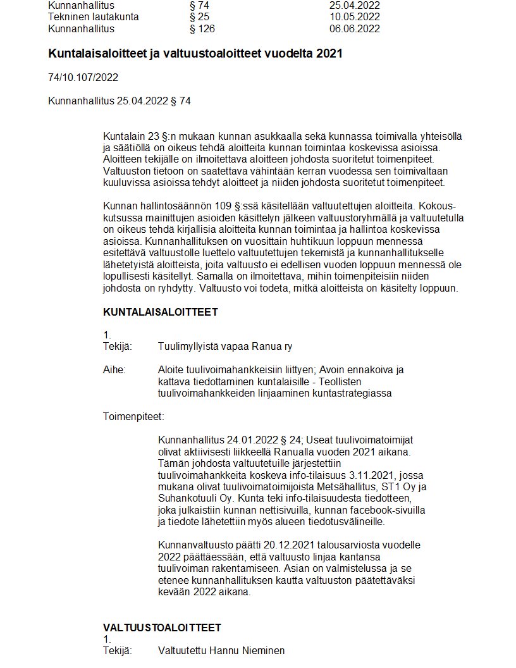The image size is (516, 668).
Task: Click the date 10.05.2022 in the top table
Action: coord(354,17)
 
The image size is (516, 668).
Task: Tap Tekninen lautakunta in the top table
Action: coord(93,17)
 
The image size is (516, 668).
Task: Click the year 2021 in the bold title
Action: coord(329,54)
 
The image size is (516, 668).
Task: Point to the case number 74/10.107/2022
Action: coord(83,78)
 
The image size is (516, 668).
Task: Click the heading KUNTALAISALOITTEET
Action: coord(161,312)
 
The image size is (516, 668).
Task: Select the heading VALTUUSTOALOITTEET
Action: coord(162,628)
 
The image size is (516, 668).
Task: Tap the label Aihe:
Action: coord(114,370)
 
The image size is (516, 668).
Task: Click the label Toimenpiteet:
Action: coord(133,417)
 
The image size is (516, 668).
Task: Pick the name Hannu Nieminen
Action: coord(248,650)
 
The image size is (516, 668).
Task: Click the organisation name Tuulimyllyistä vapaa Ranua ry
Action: coord(225,347)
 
